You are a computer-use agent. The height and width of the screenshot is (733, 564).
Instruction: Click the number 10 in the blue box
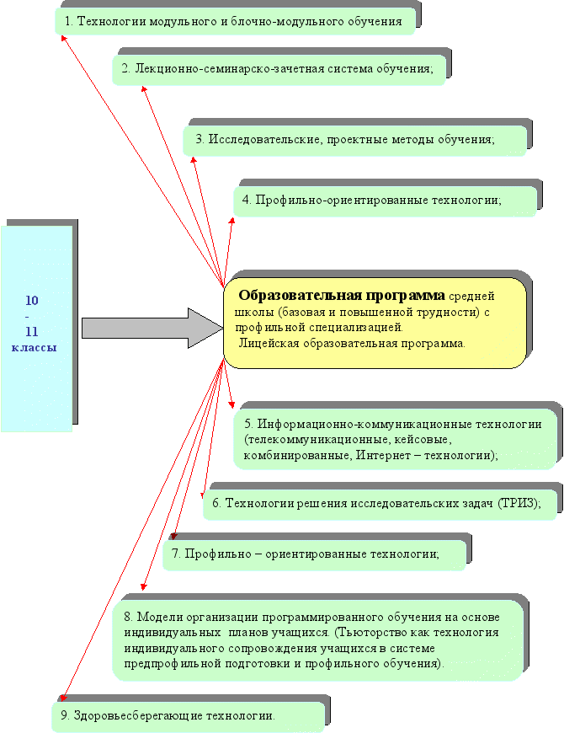(31, 301)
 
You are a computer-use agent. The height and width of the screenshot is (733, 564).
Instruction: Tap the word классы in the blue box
(34, 346)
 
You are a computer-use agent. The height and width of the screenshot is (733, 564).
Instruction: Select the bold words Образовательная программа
(342, 296)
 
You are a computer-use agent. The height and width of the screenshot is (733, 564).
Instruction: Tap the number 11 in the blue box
(31, 331)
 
